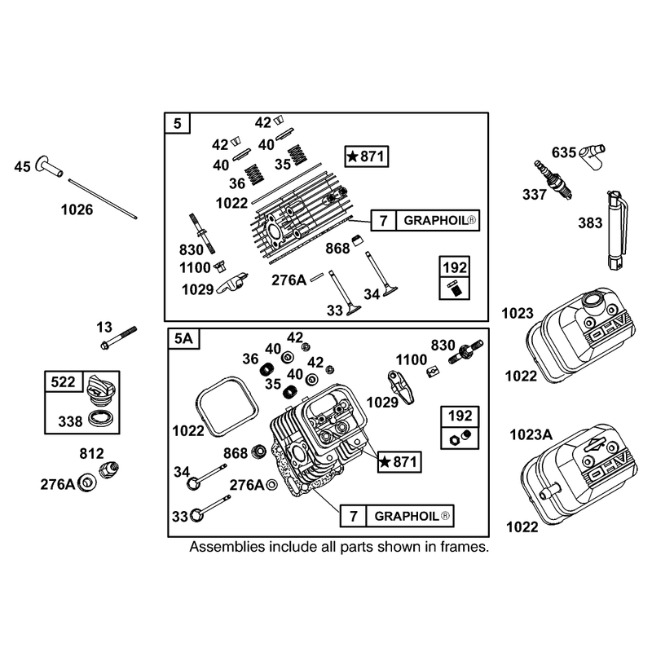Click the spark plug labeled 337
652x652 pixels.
click(x=553, y=180)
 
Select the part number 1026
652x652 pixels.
click(x=77, y=209)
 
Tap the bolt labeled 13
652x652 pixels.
click(x=118, y=337)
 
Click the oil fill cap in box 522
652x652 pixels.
click(x=99, y=391)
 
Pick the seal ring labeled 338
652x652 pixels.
click(x=100, y=419)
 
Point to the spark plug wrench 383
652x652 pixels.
click(x=617, y=230)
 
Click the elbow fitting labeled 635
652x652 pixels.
click(x=593, y=156)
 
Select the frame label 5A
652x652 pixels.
click(x=183, y=338)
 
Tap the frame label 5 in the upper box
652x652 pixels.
click(x=178, y=124)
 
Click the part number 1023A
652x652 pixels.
click(x=531, y=435)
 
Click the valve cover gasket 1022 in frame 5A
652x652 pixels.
click(x=227, y=407)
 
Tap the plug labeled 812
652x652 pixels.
click(x=108, y=470)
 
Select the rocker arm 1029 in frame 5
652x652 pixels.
click(x=232, y=282)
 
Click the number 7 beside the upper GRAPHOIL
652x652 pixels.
click(x=383, y=220)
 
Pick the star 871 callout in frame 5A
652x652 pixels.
click(x=399, y=462)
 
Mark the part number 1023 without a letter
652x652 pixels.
click(x=518, y=313)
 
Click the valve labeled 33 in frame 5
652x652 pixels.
click(x=345, y=293)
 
